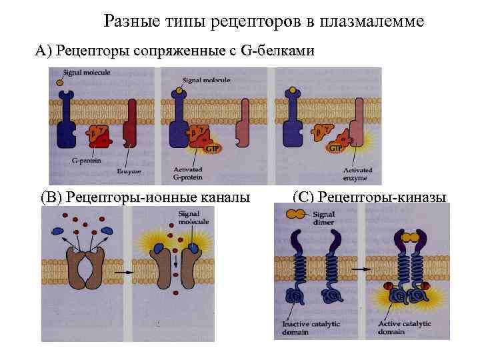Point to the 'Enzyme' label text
tap(129, 171)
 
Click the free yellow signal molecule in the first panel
tap(59, 83)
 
